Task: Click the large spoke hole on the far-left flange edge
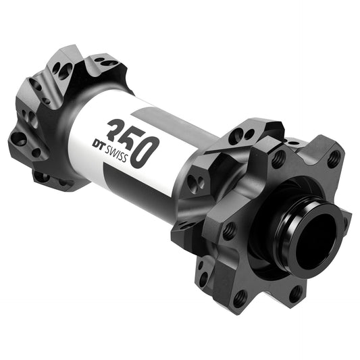[x=20, y=139]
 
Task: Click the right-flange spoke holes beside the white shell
[x=197, y=182]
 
